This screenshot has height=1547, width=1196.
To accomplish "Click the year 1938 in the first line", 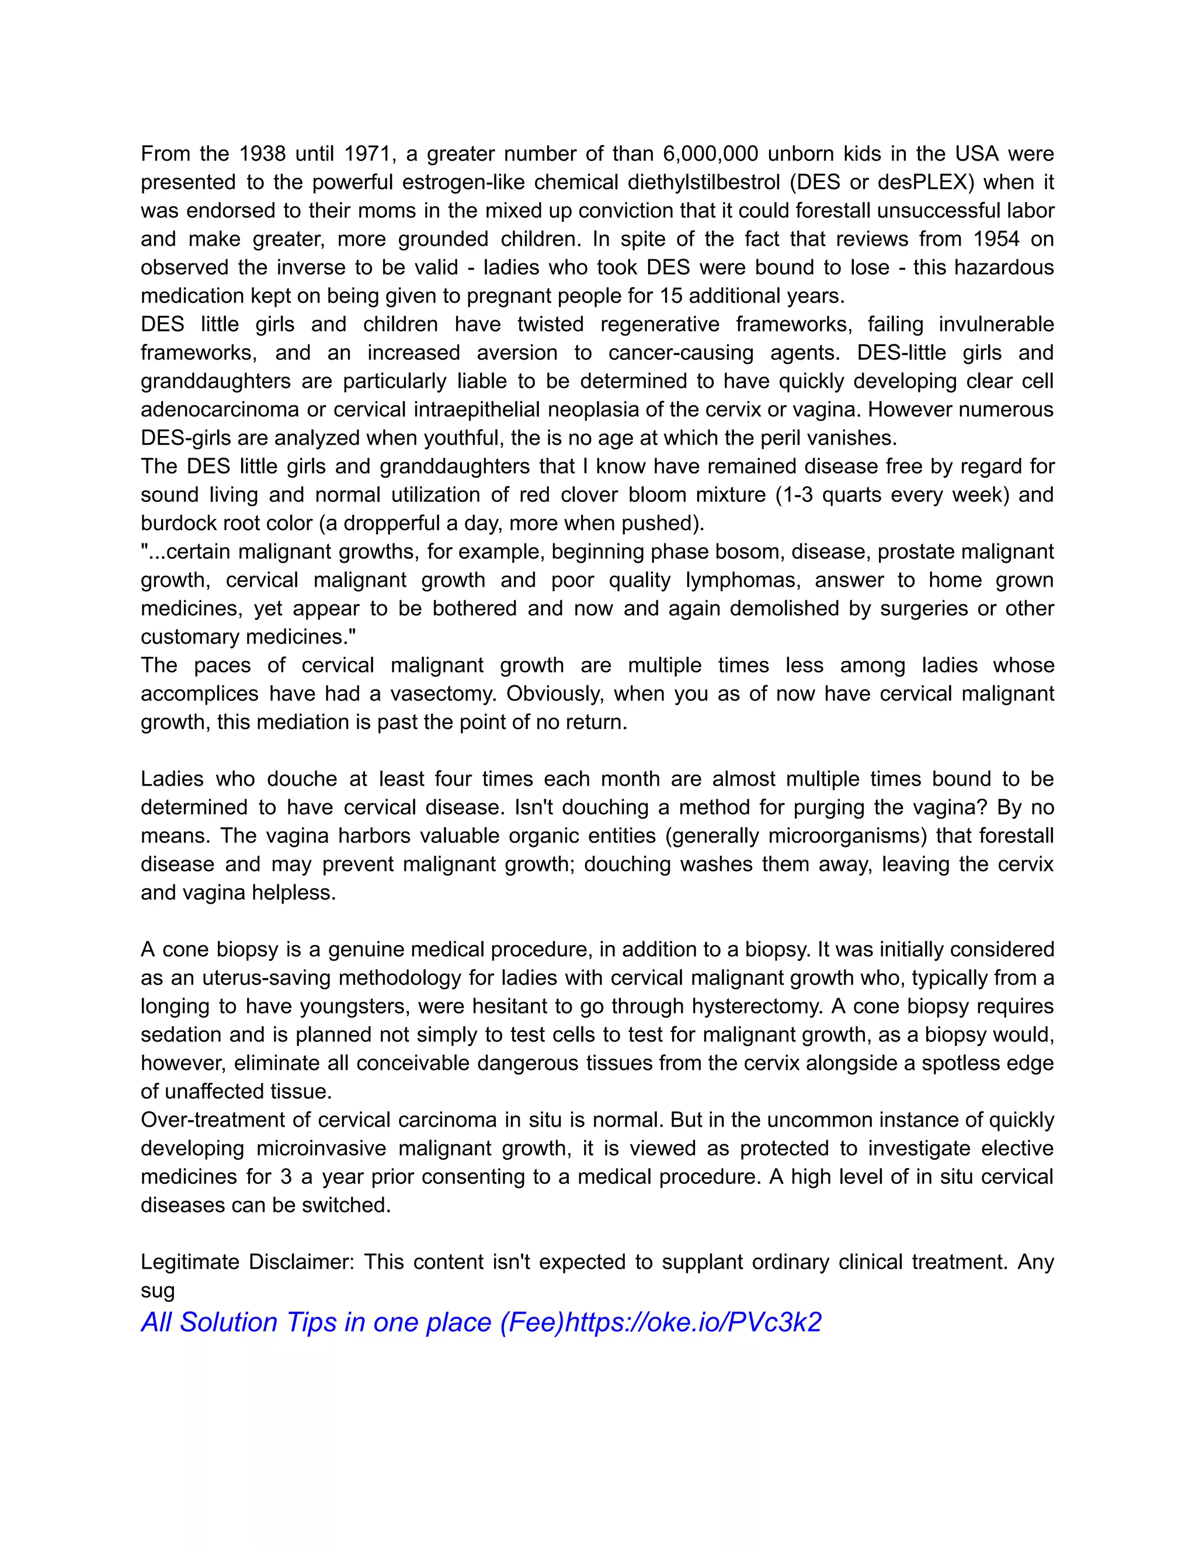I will pyautogui.click(x=262, y=154).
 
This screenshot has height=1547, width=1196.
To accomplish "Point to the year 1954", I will pyautogui.click(x=996, y=239).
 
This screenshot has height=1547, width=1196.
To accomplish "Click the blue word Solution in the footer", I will pyautogui.click(x=228, y=1322).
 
